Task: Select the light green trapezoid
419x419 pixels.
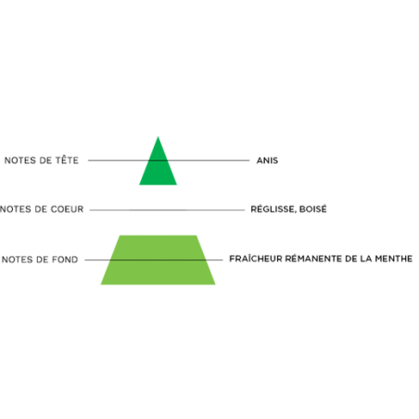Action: (158, 260)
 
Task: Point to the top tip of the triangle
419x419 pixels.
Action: (158, 136)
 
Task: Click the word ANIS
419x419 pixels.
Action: (267, 160)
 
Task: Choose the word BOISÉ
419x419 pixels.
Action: (312, 209)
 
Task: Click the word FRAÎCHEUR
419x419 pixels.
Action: (255, 259)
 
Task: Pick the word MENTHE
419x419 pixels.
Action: (394, 259)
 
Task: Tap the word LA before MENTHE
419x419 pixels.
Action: (366, 259)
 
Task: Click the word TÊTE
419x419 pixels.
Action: (67, 160)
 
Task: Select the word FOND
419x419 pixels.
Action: (65, 260)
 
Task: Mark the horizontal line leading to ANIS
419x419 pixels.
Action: (169, 160)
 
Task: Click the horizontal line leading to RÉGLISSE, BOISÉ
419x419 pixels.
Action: (167, 209)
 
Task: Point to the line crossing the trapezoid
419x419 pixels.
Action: (154, 260)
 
